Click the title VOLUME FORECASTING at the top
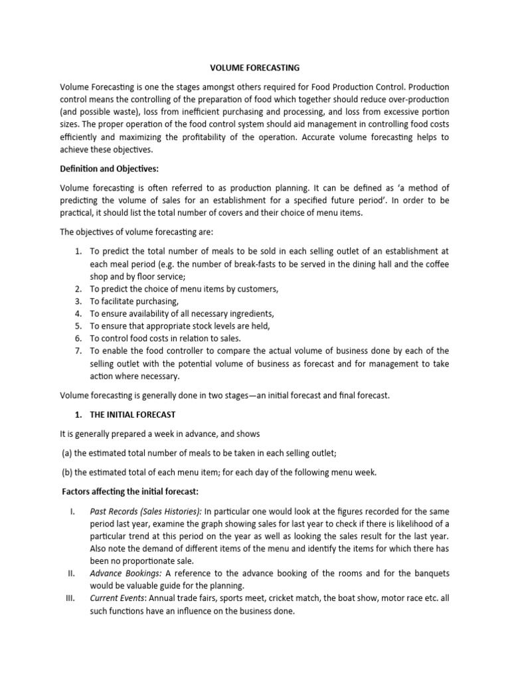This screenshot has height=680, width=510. [255, 68]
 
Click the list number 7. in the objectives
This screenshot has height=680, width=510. [78, 351]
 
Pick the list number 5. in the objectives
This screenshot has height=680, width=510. [78, 325]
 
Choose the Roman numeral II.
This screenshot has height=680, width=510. [72, 573]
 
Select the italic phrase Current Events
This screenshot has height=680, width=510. [118, 598]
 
